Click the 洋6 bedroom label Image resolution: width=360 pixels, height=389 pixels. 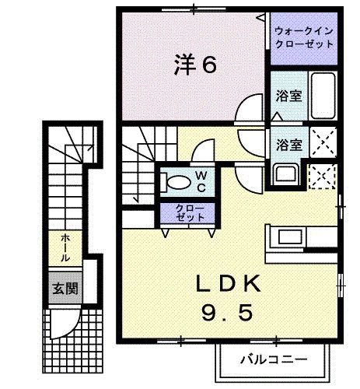click(x=194, y=65)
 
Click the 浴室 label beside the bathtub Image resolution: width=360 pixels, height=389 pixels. click(x=289, y=98)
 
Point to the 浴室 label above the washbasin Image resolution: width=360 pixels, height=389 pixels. click(x=289, y=144)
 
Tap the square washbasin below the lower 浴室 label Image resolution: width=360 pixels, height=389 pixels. click(x=285, y=173)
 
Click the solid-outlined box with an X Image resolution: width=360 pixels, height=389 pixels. click(x=322, y=143)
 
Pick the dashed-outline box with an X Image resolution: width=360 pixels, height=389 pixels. click(x=321, y=176)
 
